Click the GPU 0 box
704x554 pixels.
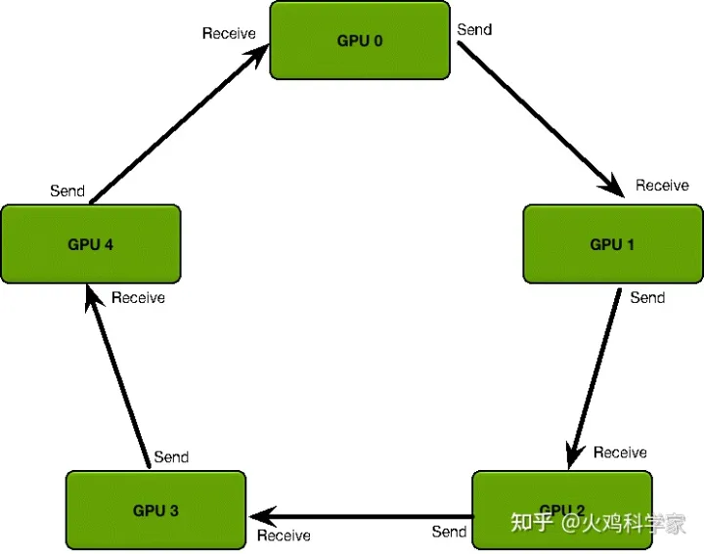point(360,41)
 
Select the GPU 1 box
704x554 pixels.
point(613,244)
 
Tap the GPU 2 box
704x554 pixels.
point(561,510)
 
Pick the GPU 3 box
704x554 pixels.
point(155,510)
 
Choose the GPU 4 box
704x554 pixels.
point(91,244)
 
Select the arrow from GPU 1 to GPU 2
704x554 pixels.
point(594,377)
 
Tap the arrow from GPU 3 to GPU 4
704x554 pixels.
point(117,375)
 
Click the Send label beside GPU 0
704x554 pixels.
point(474,29)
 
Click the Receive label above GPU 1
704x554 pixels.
point(662,186)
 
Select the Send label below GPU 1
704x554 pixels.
point(647,297)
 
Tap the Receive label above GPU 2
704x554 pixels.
point(620,452)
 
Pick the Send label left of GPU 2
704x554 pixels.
point(449,532)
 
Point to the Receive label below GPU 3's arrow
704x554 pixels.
point(284,535)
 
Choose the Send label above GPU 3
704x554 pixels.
point(171,456)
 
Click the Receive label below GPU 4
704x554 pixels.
point(138,297)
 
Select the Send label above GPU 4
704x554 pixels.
point(67,191)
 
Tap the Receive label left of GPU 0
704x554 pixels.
point(229,33)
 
